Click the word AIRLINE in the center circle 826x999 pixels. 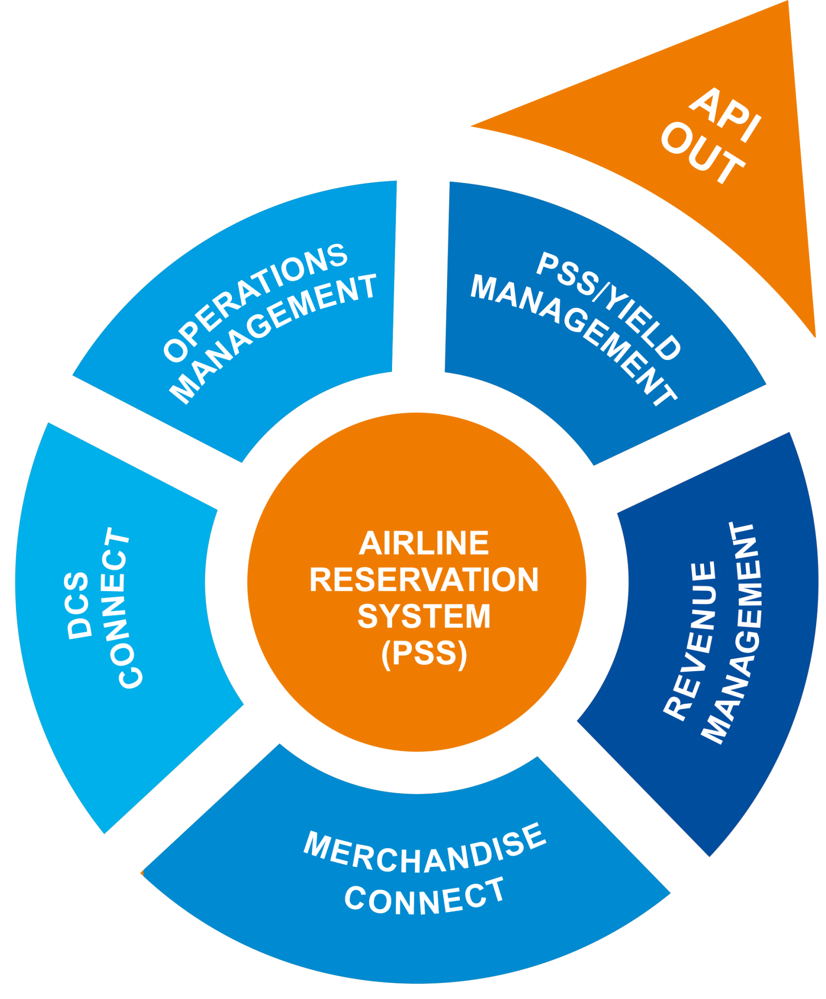click(424, 543)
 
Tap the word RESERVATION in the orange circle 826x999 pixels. click(424, 579)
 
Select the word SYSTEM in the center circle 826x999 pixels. click(424, 616)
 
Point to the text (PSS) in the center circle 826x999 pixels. click(424, 653)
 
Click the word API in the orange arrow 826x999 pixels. click(726, 115)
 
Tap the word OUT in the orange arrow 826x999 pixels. click(702, 154)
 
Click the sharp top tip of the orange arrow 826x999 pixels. click(789, 4)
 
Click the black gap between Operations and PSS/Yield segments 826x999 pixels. click(420, 278)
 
